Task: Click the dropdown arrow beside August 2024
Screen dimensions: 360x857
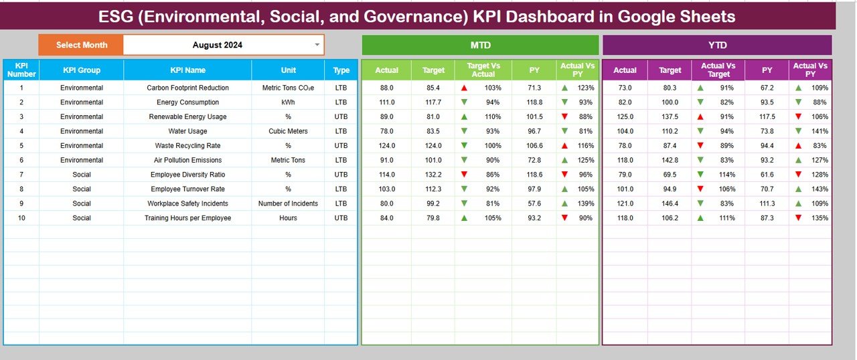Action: click(317, 45)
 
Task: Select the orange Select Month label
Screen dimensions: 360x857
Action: click(82, 45)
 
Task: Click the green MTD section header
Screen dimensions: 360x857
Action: click(480, 45)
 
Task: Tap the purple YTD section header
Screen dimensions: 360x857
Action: click(717, 45)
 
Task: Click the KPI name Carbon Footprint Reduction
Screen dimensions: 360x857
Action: click(187, 88)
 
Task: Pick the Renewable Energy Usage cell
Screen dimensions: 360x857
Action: click(187, 116)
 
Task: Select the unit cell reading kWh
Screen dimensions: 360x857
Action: click(288, 102)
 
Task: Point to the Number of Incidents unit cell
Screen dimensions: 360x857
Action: click(288, 203)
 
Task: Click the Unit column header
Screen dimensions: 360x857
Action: click(288, 70)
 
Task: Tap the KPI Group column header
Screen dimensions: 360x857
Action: click(82, 70)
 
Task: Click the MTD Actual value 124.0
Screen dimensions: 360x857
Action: click(386, 145)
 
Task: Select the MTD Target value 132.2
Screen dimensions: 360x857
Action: click(433, 175)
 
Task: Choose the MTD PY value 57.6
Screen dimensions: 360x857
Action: click(534, 203)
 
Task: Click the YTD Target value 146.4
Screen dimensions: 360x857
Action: click(670, 203)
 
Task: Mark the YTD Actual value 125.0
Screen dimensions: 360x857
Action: click(625, 116)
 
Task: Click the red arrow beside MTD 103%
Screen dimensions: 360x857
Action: click(463, 88)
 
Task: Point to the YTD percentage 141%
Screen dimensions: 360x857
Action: click(820, 131)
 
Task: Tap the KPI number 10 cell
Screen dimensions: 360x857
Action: click(21, 218)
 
